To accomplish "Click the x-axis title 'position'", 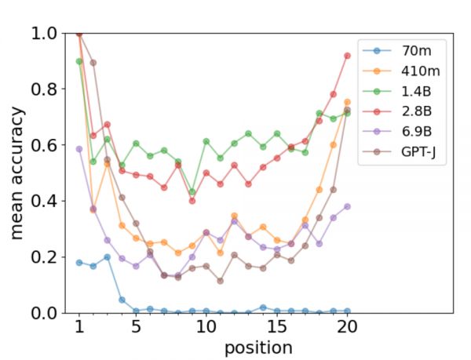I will (x=258, y=347).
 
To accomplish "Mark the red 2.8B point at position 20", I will (x=347, y=56).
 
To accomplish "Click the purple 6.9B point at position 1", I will (x=78, y=149).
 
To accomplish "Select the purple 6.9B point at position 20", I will (x=347, y=206).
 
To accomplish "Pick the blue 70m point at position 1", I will (x=78, y=262).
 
